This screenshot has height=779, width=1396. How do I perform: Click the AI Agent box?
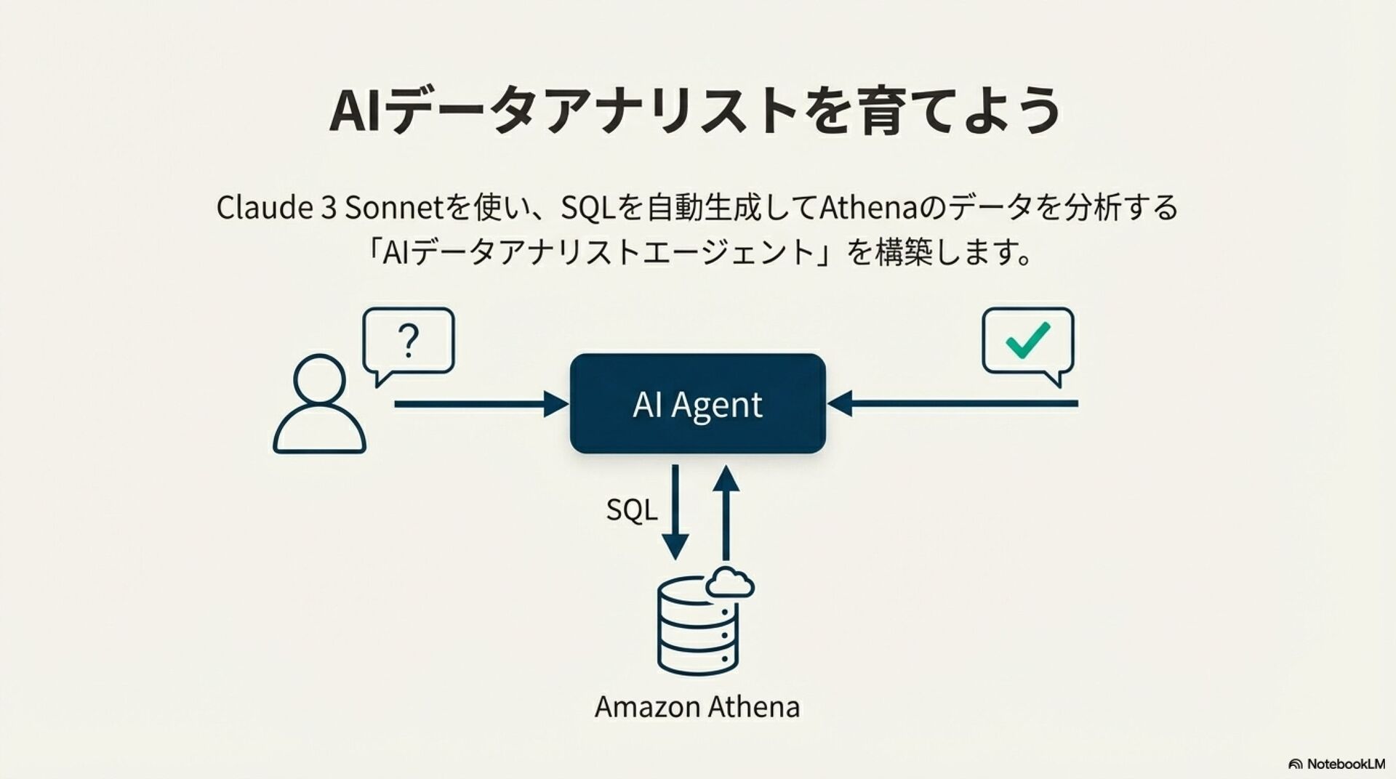[x=697, y=403]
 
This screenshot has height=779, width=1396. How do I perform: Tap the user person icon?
[x=319, y=405]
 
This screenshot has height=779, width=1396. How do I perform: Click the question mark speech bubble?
[x=409, y=343]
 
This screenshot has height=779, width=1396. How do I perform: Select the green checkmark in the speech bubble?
[x=1027, y=339]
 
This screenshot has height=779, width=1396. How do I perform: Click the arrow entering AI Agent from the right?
[x=952, y=403]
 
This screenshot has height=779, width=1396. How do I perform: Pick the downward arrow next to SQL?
[x=675, y=512]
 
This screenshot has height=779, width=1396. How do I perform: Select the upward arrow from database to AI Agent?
[x=726, y=512]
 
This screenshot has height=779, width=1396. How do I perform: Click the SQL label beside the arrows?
[x=631, y=510]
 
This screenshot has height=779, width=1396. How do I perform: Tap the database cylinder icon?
[x=697, y=629]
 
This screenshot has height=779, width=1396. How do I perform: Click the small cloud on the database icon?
[x=730, y=583]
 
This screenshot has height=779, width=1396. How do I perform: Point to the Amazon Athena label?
[x=697, y=706]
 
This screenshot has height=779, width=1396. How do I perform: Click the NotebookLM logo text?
[x=1345, y=764]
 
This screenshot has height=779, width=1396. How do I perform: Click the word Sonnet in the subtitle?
[x=393, y=208]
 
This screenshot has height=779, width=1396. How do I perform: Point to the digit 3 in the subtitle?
[x=327, y=209]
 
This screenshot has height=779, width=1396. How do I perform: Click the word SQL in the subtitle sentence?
[x=589, y=209]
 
